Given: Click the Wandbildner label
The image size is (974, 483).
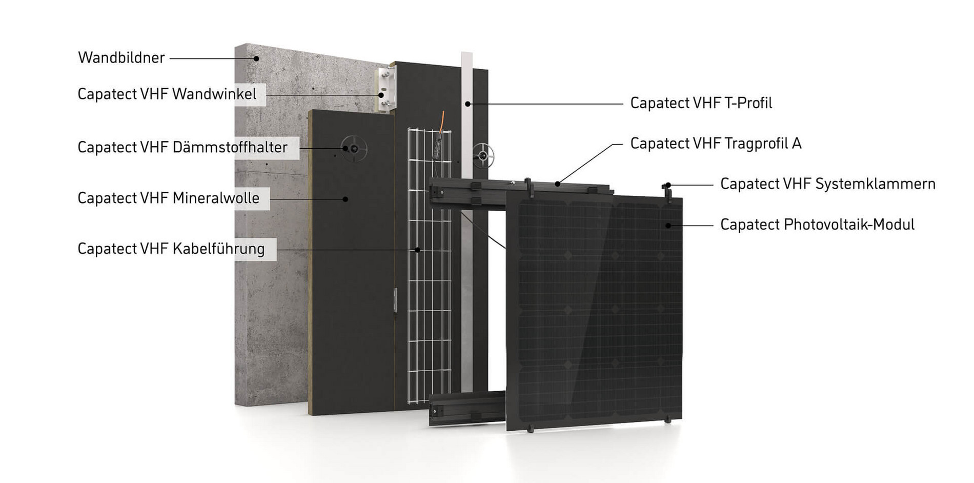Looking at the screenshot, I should (121, 57).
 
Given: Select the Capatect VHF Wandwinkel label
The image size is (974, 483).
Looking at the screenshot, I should (167, 94).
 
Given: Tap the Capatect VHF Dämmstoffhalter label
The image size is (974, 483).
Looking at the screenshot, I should (182, 148).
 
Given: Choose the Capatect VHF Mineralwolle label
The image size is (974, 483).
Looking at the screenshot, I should (168, 198).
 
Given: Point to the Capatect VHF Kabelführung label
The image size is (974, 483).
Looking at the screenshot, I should (171, 249).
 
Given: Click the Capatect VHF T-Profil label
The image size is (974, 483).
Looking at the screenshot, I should (701, 103).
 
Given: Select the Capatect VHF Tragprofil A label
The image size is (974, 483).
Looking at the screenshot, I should (716, 144).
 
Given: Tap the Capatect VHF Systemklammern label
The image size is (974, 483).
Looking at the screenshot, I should (827, 184).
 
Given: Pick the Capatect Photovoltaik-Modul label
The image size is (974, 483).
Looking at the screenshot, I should (817, 225).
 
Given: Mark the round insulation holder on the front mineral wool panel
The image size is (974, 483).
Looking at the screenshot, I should (354, 149).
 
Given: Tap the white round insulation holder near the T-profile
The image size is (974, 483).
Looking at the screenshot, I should (483, 155).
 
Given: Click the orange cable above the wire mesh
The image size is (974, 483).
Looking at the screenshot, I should (441, 123).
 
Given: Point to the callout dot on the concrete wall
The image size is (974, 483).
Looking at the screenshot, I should (256, 58).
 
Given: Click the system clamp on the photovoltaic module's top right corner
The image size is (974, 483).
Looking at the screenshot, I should (667, 191).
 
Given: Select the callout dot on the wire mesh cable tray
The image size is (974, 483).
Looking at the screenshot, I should (417, 250).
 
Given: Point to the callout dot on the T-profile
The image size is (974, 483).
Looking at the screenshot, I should (468, 104).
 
